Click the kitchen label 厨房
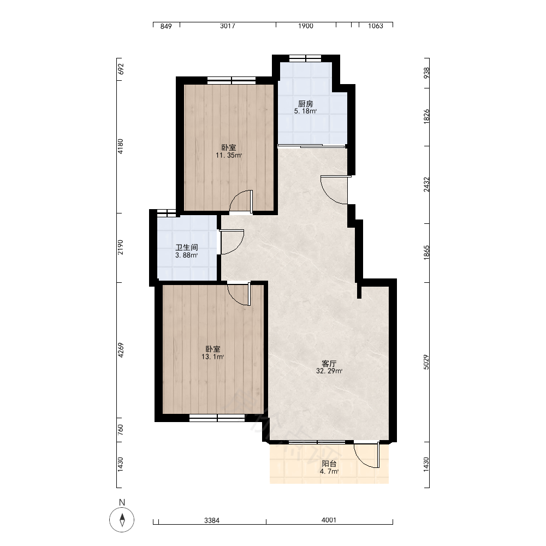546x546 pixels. [x=305, y=104]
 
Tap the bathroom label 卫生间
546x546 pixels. [x=187, y=247]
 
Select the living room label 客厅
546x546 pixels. [x=329, y=364]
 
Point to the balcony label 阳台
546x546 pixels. [x=329, y=464]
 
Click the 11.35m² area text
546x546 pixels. [x=229, y=155]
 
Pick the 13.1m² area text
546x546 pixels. [x=212, y=357]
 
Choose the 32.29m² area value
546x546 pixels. [x=329, y=371]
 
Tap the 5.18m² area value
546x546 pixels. [x=305, y=111]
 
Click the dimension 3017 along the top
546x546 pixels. [x=228, y=26]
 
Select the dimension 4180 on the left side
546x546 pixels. [x=121, y=146]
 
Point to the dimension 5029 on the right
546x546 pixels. [x=426, y=362]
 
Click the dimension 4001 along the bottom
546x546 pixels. [x=329, y=520]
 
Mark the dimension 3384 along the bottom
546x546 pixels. [x=212, y=520]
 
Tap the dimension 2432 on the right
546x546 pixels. [x=426, y=185]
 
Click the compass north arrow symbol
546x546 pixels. [x=122, y=520]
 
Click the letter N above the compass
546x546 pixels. [x=122, y=502]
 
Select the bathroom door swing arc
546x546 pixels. [x=237, y=246]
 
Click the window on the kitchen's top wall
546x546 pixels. [x=305, y=58]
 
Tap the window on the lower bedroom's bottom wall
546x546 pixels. [x=217, y=418]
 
